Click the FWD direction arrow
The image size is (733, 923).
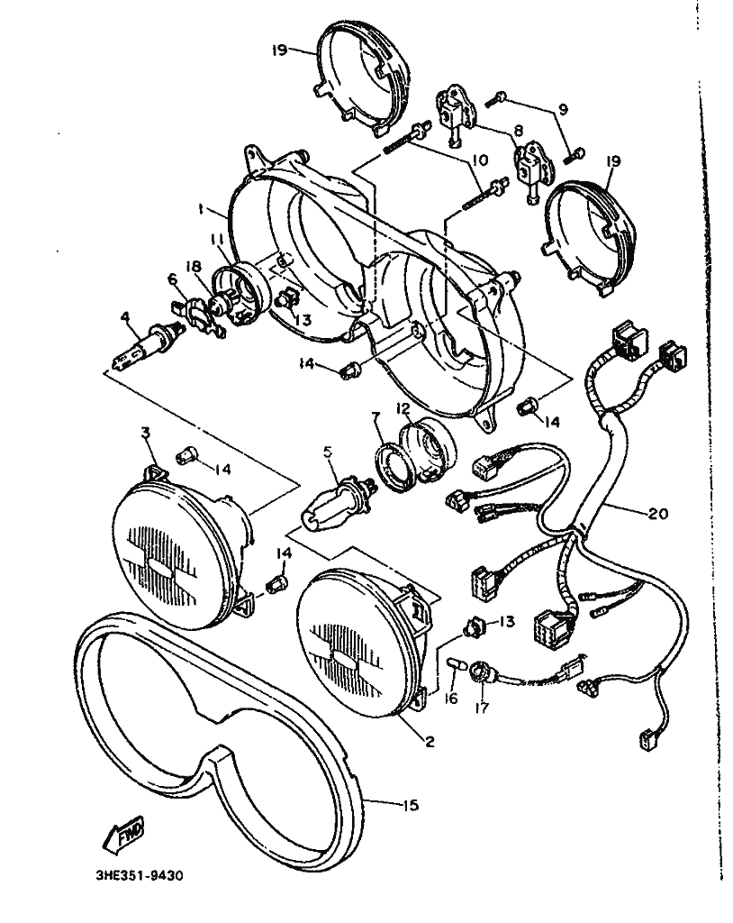(123, 834)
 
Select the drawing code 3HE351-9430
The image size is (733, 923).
(140, 876)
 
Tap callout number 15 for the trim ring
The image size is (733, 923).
(410, 804)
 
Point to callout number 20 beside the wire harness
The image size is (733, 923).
(658, 513)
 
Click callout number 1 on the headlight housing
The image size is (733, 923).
(201, 209)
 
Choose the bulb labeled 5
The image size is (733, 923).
(337, 505)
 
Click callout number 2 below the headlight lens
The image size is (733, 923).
(430, 741)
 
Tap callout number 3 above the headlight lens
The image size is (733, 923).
(145, 434)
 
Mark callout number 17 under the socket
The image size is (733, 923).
(481, 707)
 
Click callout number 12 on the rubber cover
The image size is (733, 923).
(403, 408)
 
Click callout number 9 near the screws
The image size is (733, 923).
(563, 109)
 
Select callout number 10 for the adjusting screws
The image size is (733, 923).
(480, 160)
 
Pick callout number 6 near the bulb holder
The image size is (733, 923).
(172, 279)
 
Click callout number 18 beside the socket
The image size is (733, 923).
(195, 266)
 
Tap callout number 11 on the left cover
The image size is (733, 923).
(218, 240)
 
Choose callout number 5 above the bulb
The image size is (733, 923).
(328, 452)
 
